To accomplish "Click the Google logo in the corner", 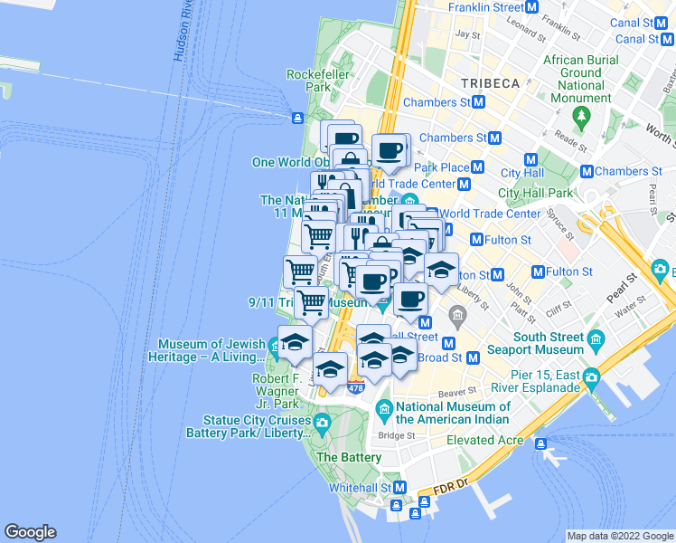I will (30, 532).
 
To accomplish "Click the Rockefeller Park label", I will (309, 81).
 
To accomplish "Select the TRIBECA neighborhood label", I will (490, 83).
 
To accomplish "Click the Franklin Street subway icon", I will (532, 6).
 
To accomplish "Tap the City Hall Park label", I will (536, 193).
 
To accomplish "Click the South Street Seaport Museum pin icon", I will (596, 338).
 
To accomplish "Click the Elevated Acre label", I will (485, 441).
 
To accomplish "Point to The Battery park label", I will (349, 458).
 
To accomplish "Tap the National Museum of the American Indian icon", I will (384, 413).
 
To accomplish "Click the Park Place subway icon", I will (478, 167).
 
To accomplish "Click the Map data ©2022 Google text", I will (620, 536).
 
